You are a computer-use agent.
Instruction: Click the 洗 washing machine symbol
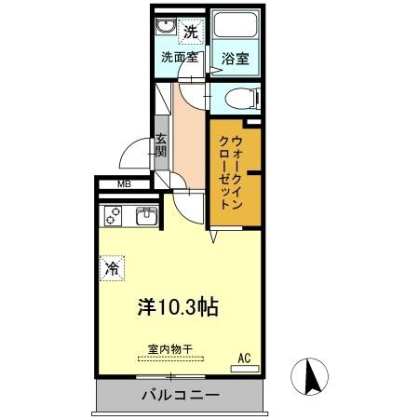pos(190,31)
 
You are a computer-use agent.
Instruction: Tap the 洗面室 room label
pos(178,57)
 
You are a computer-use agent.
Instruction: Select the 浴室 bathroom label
pos(236,58)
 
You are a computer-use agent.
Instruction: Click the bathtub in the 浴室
pos(236,29)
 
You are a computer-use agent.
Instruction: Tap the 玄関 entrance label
pos(160,150)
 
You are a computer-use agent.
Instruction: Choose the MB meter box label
pos(124,184)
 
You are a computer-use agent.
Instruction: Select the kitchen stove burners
pos(115,217)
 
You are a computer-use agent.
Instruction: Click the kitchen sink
pos(147,217)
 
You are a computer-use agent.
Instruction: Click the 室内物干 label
pos(169,349)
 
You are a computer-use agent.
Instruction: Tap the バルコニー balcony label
pos(181,396)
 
